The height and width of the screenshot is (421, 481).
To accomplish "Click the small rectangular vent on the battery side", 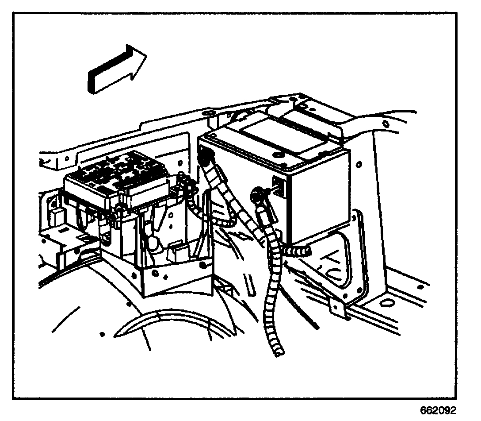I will coord(278,182).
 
